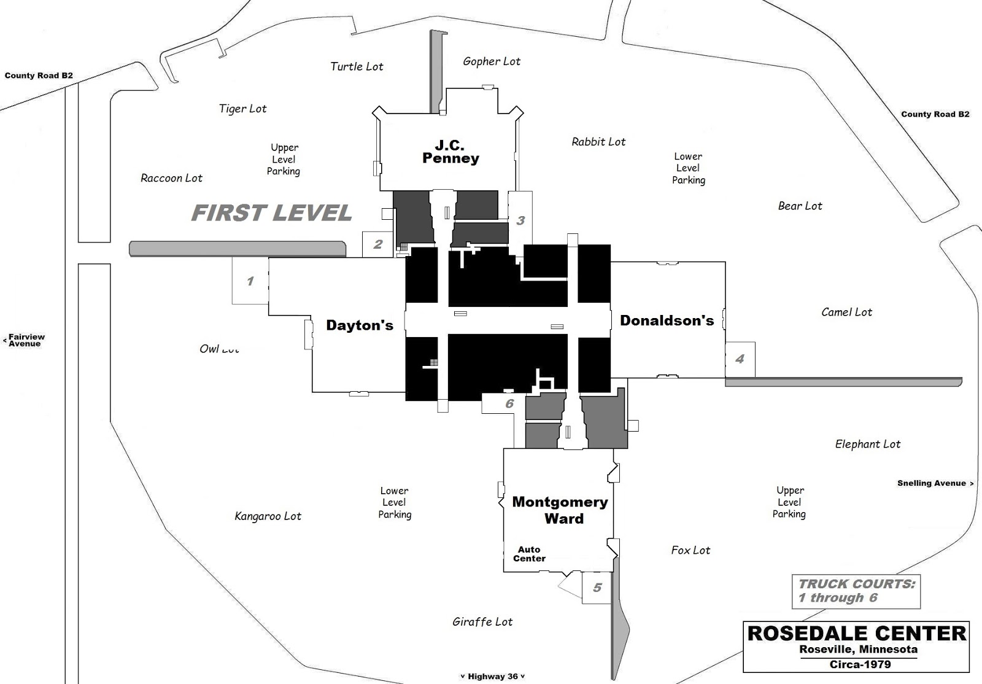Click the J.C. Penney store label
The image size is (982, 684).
click(450, 152)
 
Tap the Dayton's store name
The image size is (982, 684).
click(359, 325)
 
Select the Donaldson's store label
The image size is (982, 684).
click(667, 321)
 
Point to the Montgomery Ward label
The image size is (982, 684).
click(560, 510)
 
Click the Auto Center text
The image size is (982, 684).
click(529, 554)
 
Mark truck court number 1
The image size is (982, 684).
click(250, 281)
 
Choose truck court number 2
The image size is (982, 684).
click(378, 244)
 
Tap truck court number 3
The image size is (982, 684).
click(520, 220)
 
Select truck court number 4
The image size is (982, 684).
click(740, 359)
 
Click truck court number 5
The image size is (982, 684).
click(597, 588)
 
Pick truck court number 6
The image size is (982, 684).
click(509, 404)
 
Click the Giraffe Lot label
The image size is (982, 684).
click(482, 622)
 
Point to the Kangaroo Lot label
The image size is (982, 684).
click(268, 516)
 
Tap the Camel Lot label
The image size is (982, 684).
click(846, 313)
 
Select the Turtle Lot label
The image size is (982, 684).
click(357, 67)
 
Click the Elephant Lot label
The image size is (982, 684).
click(867, 445)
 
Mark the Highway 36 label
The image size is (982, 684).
click(492, 677)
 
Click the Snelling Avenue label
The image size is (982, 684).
click(932, 483)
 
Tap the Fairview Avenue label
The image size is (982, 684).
click(26, 340)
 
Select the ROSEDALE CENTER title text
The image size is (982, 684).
click(856, 634)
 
